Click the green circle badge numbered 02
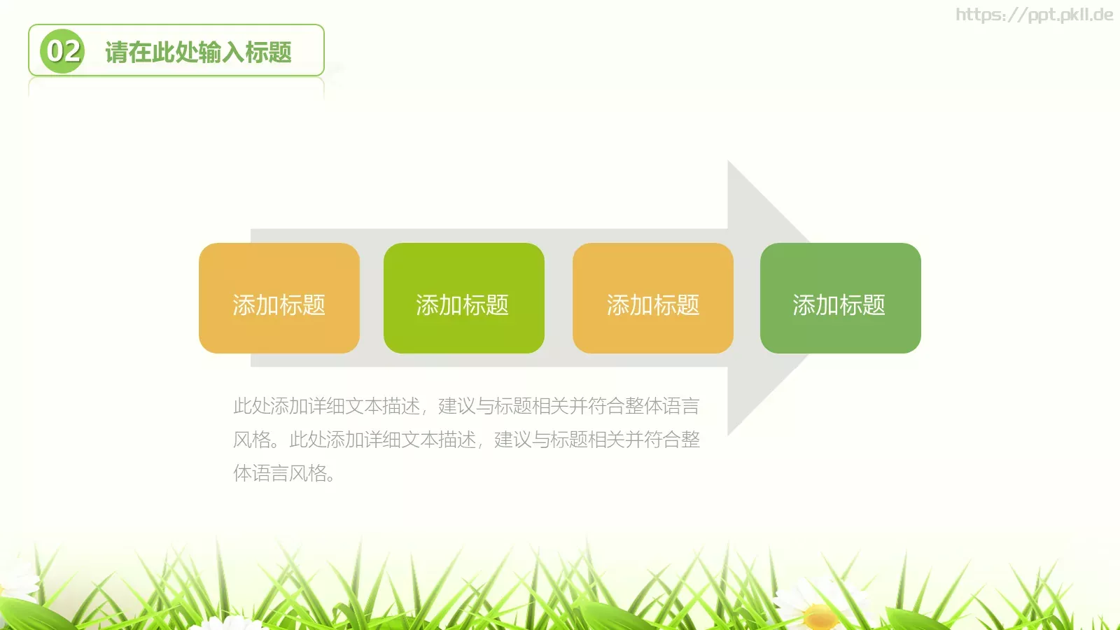62,51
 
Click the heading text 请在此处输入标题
198,52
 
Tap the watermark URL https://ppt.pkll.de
1034,15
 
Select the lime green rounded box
463,297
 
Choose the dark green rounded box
840,297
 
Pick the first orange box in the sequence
279,297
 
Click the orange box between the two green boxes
652,297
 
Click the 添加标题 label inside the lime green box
462,305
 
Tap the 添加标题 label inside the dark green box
839,305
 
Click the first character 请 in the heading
116,52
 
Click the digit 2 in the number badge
71,51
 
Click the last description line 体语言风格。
284,473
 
